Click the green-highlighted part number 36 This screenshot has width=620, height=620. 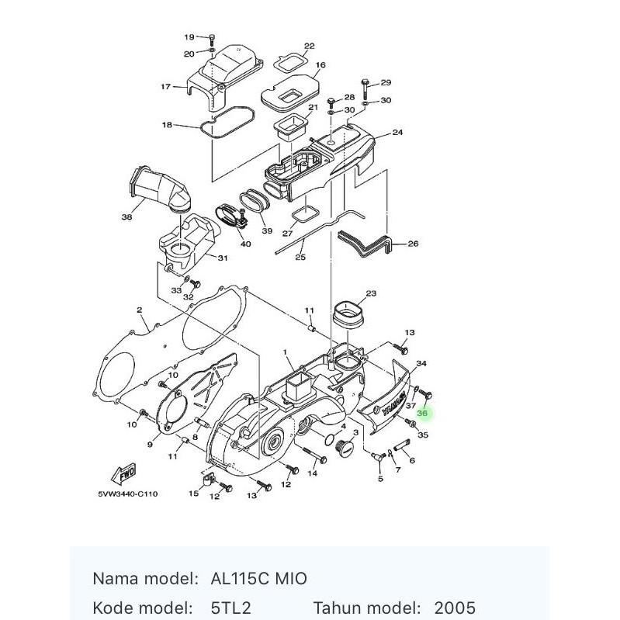(422, 414)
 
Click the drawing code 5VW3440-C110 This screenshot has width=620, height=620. (128, 494)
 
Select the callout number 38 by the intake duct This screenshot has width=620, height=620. (126, 217)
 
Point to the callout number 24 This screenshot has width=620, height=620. (397, 133)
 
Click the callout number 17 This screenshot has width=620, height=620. (165, 87)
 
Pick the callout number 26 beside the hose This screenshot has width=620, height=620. (413, 244)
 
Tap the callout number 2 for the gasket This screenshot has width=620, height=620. (139, 310)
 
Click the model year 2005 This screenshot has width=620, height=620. (455, 607)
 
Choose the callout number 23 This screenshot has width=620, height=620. (370, 293)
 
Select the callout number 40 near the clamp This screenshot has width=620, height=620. (245, 244)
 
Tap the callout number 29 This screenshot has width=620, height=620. (386, 82)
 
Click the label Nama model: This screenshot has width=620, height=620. (145, 579)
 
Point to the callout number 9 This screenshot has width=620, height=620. (150, 445)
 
